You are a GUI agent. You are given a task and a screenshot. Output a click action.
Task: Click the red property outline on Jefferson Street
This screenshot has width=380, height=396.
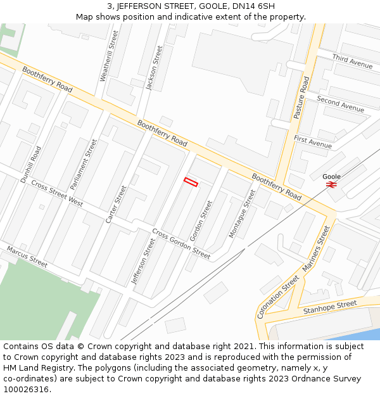pyautogui.click(x=191, y=182)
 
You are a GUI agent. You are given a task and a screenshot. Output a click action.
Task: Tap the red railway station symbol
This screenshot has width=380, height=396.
pyautogui.click(x=331, y=184)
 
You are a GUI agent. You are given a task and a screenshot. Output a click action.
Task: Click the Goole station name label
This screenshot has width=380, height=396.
pyautogui.click(x=331, y=176)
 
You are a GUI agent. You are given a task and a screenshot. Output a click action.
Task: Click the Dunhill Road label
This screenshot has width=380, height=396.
pyautogui.click(x=31, y=164)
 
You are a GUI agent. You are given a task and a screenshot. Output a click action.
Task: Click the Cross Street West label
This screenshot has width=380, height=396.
pyautogui.click(x=57, y=193)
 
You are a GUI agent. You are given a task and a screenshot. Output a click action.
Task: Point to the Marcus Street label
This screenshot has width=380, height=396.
pyautogui.click(x=27, y=256)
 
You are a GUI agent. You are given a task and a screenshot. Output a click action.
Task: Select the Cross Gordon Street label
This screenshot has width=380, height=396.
pyautogui.click(x=181, y=243)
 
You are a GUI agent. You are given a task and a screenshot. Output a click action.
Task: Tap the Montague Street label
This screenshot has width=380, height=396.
pyautogui.click(x=242, y=214)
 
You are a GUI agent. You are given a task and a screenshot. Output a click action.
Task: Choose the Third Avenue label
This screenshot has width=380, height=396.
pyautogui.click(x=352, y=61)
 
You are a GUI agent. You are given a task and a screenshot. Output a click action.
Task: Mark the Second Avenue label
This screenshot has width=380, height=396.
pyautogui.click(x=340, y=103)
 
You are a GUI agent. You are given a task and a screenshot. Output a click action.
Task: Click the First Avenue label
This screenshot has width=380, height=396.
pyautogui.click(x=313, y=142)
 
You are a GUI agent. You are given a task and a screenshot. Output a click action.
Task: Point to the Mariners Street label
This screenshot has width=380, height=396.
pyautogui.click(x=316, y=249)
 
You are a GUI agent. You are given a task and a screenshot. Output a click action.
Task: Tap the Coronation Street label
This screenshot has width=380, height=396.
pyautogui.click(x=278, y=297)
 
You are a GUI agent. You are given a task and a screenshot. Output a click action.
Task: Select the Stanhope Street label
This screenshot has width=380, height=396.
pyautogui.click(x=330, y=308)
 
